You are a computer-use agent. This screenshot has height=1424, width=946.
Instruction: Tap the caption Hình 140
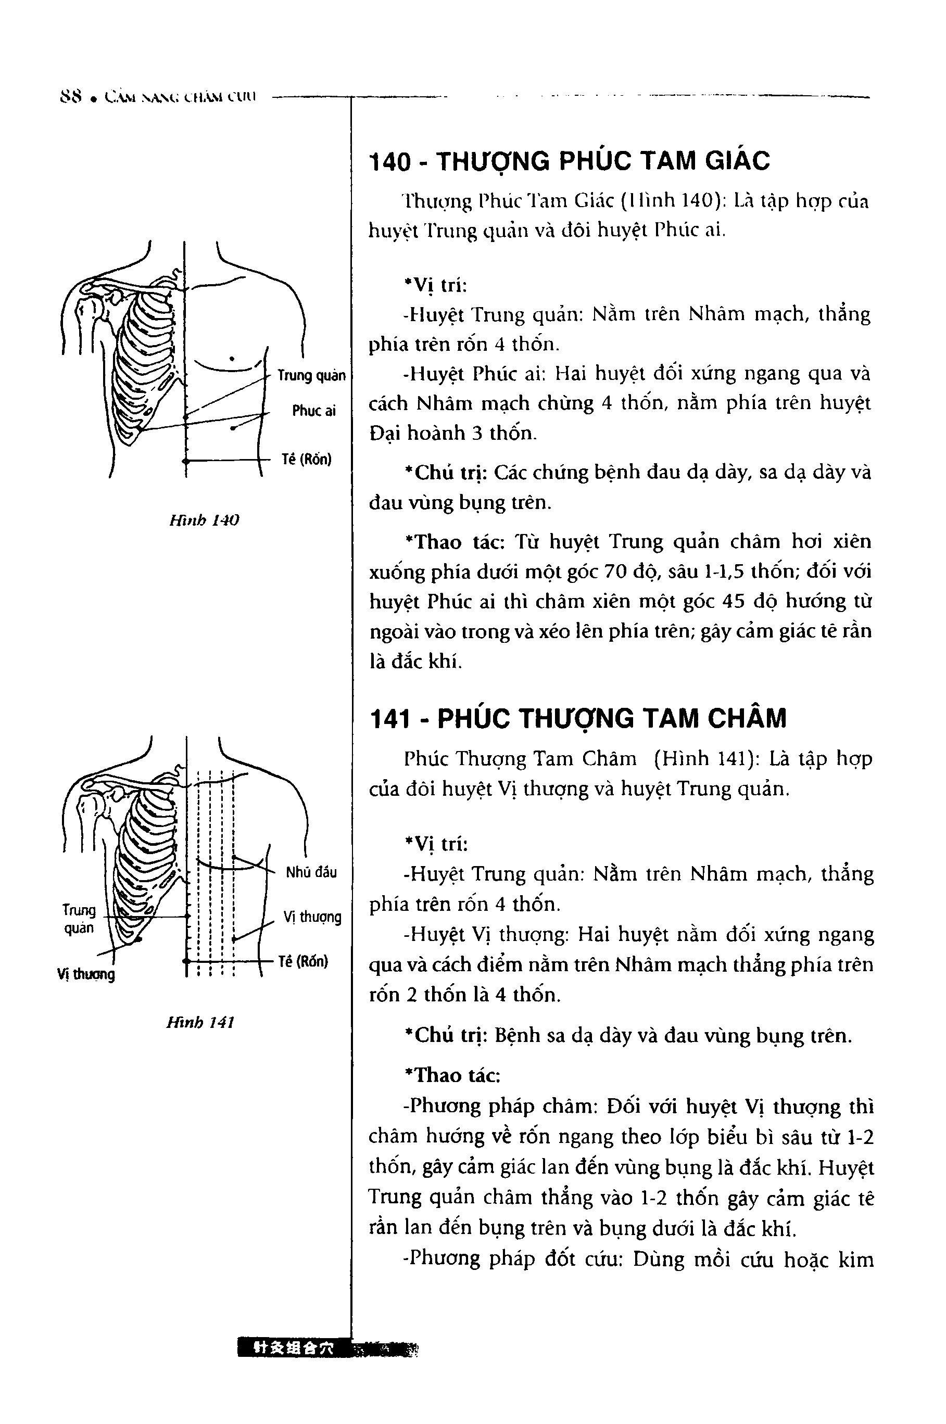pos(204,520)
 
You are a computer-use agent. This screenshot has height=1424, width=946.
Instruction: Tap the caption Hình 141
pos(200,1022)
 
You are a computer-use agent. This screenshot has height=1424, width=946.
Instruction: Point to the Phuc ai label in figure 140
pos(314,411)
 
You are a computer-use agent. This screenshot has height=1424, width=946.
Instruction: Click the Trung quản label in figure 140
pos(311,376)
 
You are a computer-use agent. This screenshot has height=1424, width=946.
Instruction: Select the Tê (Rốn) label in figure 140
pos(307,460)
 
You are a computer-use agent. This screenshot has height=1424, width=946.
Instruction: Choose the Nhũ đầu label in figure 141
pos(311,872)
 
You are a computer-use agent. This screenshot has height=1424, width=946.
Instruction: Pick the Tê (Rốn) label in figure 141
pos(304,961)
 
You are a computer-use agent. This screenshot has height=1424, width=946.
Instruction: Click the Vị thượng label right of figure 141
pos(312,918)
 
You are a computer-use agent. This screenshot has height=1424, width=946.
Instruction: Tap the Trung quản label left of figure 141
pos(79,919)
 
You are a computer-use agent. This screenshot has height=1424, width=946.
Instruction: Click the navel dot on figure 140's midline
pos(185,461)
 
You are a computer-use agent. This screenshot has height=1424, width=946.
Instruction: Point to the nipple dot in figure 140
pos(232,359)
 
